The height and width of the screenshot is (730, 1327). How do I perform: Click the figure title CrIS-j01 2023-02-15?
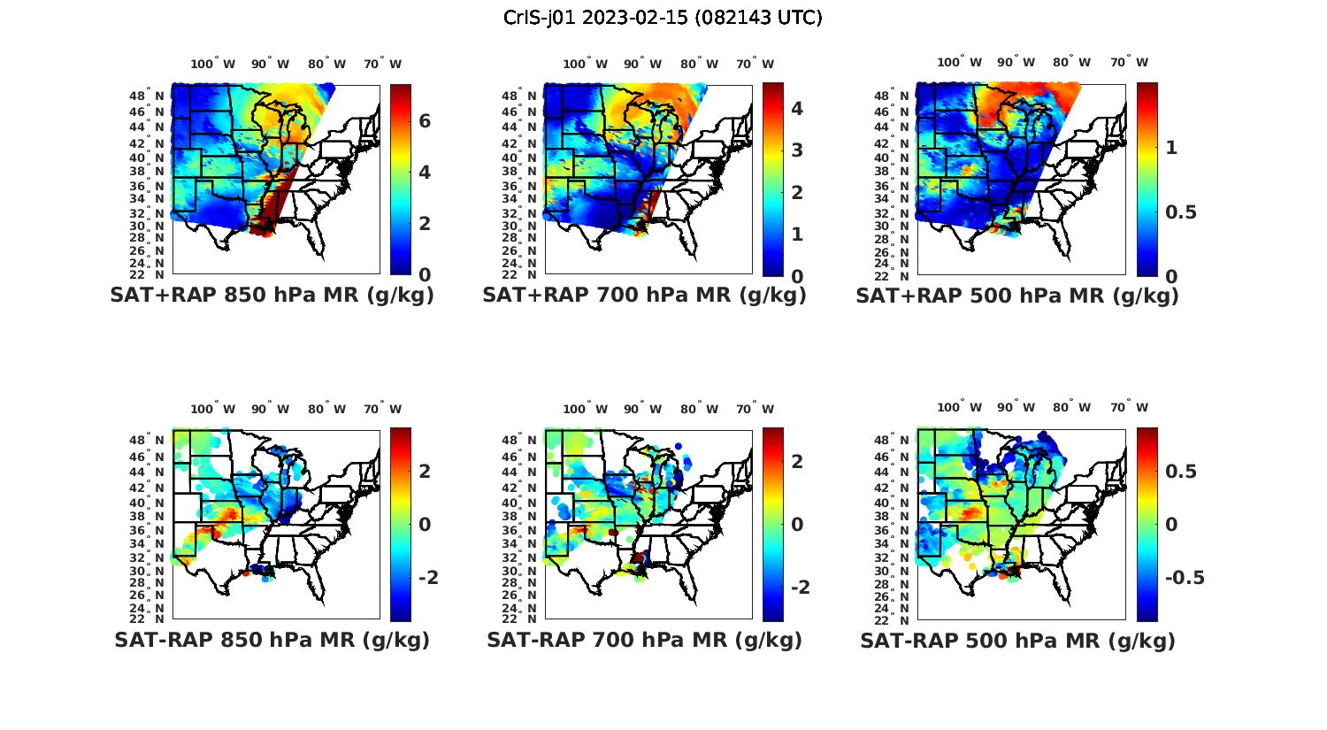click(x=663, y=18)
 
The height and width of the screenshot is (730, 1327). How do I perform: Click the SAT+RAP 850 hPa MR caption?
click(x=272, y=296)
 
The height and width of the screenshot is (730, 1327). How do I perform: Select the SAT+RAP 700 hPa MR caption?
click(x=644, y=296)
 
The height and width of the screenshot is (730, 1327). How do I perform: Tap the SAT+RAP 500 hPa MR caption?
click(x=1017, y=296)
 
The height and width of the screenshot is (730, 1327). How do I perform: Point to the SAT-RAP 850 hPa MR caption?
click(x=272, y=640)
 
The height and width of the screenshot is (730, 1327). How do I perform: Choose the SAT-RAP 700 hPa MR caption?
click(x=644, y=640)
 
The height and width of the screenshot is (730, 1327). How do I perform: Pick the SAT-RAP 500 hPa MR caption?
click(x=1017, y=641)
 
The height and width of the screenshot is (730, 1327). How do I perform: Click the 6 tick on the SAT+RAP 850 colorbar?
click(x=425, y=121)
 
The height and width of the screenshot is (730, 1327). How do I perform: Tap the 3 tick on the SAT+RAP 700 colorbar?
click(x=797, y=150)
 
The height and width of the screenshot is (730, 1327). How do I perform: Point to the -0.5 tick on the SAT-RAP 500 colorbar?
click(x=1183, y=578)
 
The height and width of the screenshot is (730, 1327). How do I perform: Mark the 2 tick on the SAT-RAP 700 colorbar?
click(x=797, y=461)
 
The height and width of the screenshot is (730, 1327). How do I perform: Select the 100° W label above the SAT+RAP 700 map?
click(x=585, y=64)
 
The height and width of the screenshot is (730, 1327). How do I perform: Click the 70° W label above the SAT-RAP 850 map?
click(x=383, y=409)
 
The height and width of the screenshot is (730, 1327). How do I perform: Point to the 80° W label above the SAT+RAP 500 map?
click(x=1071, y=62)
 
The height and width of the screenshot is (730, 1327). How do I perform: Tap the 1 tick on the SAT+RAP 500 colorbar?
click(x=1171, y=148)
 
